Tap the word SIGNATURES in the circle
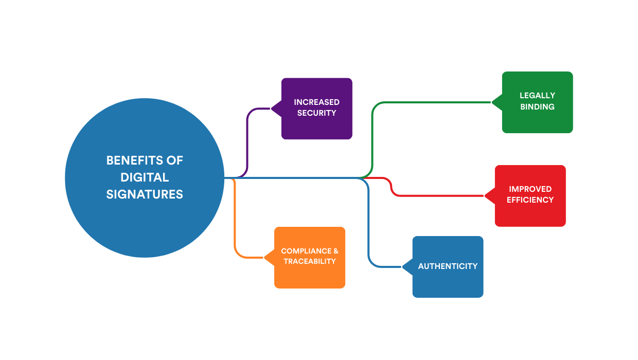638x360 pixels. point(145,194)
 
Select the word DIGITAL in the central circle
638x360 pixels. point(145,177)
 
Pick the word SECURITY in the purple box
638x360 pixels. point(316,113)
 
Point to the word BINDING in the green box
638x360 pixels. point(537,107)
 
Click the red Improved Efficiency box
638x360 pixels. point(530,213)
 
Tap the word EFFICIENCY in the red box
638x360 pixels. point(530,200)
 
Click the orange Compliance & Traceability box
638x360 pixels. point(310,275)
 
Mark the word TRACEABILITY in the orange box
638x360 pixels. point(310,261)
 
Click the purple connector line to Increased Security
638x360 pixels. point(247,139)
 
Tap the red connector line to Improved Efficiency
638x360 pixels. point(437,196)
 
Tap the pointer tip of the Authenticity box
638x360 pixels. point(403,267)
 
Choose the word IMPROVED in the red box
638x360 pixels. point(530,189)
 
